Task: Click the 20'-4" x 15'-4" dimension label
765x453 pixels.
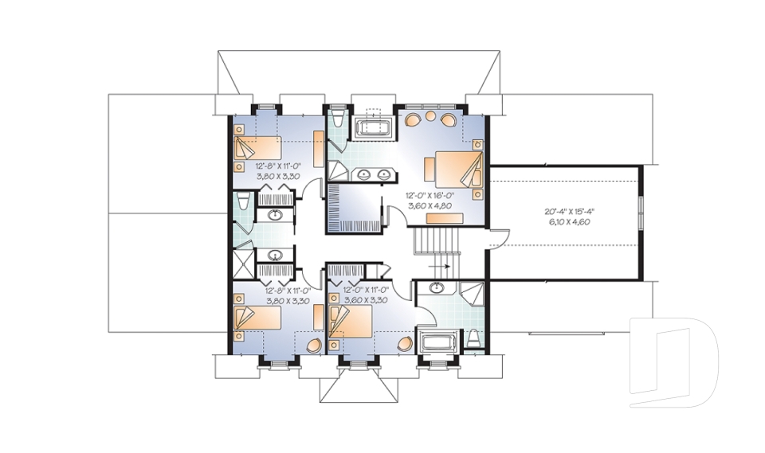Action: point(570,211)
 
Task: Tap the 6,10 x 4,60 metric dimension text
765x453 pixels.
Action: point(570,222)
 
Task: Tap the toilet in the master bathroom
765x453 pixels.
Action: point(338,121)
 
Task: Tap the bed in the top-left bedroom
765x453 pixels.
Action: point(257,149)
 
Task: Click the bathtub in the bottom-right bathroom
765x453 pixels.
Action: point(437,345)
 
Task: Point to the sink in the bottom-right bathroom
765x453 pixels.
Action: point(437,287)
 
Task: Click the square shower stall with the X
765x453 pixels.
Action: point(241,262)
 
